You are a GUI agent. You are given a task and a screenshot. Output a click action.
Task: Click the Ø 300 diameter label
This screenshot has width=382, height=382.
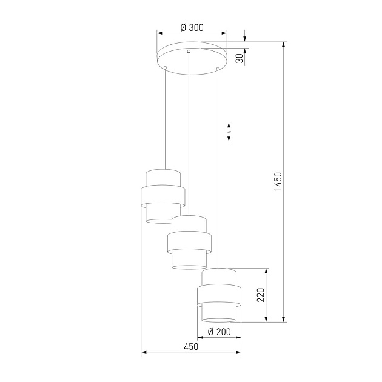pyautogui.click(x=192, y=27)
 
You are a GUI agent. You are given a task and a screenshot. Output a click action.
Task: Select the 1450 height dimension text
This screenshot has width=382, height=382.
pyautogui.click(x=278, y=182)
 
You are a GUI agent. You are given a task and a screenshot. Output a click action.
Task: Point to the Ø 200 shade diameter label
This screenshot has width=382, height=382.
pyautogui.click(x=219, y=332)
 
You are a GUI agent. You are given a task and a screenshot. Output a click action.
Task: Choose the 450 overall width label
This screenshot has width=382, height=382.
pyautogui.click(x=190, y=347)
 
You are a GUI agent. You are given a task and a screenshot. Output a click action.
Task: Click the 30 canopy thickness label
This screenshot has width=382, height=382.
pyautogui.click(x=240, y=58)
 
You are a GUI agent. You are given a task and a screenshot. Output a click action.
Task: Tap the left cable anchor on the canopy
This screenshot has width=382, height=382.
pyautogui.click(x=165, y=67)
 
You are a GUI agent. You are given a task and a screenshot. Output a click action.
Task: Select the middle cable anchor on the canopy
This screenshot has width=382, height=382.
pyautogui.click(x=189, y=51)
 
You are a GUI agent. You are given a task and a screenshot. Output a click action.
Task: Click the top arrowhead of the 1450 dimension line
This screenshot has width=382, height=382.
pyautogui.click(x=283, y=44)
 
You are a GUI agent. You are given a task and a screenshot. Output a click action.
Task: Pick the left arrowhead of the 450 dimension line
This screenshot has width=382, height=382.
pyautogui.click(x=143, y=352)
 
